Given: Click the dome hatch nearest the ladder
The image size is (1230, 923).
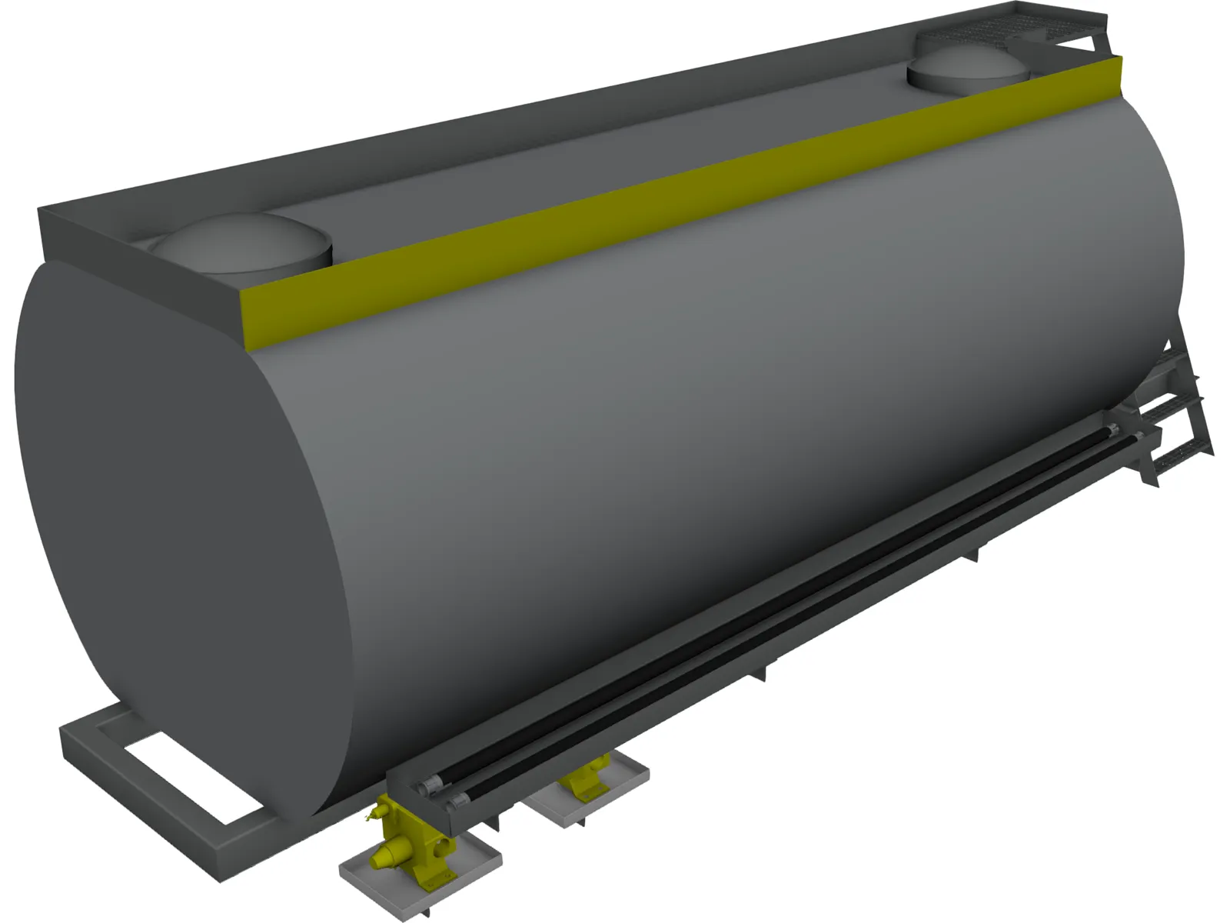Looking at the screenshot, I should tap(967, 71).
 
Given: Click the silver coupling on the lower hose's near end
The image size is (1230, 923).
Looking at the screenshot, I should tap(455, 804).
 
